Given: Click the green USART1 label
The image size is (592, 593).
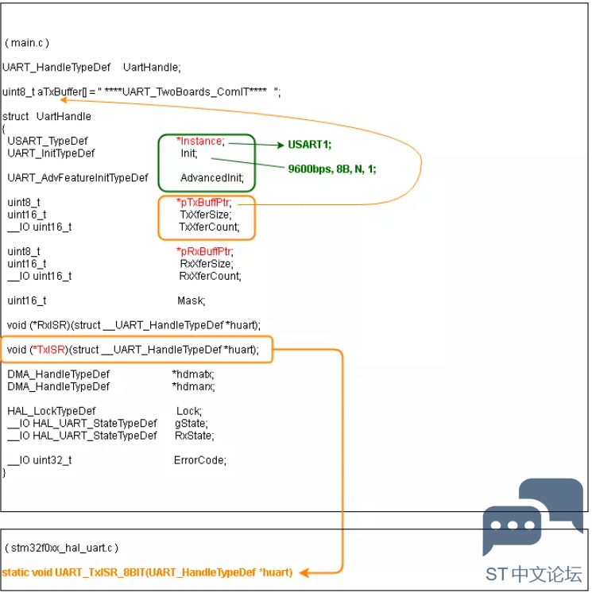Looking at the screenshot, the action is point(309,145).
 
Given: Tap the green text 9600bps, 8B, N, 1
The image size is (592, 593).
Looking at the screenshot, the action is point(332,169).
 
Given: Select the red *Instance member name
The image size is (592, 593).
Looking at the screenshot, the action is point(200,141).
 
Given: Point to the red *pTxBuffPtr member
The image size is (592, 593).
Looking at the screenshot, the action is point(204,203).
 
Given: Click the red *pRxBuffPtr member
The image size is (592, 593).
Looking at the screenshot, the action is point(205,251).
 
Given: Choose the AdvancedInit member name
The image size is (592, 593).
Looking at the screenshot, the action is point(212,178).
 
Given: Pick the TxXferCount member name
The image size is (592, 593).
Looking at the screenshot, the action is point(210,227).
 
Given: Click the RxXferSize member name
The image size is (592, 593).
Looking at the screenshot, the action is point(207,264).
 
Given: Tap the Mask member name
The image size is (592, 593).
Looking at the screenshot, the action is point(192,300).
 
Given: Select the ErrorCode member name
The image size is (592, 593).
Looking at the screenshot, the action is point(200,460).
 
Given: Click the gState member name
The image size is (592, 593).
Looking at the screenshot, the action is point(192,424).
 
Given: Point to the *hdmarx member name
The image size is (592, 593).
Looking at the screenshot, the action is point(193,386).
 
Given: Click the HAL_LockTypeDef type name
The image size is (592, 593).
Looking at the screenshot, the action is point(52,411).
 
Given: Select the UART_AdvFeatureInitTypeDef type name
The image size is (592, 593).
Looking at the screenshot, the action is point(78,178).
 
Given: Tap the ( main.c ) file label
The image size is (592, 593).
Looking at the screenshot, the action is point(27,43).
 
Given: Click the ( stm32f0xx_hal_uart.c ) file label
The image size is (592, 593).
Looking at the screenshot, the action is point(62,548).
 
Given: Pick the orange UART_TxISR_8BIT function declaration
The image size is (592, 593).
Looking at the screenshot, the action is point(148,572).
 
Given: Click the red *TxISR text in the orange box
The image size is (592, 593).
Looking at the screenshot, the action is point(48,350).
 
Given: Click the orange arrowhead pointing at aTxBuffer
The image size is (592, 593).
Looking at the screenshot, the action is point(64,100).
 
